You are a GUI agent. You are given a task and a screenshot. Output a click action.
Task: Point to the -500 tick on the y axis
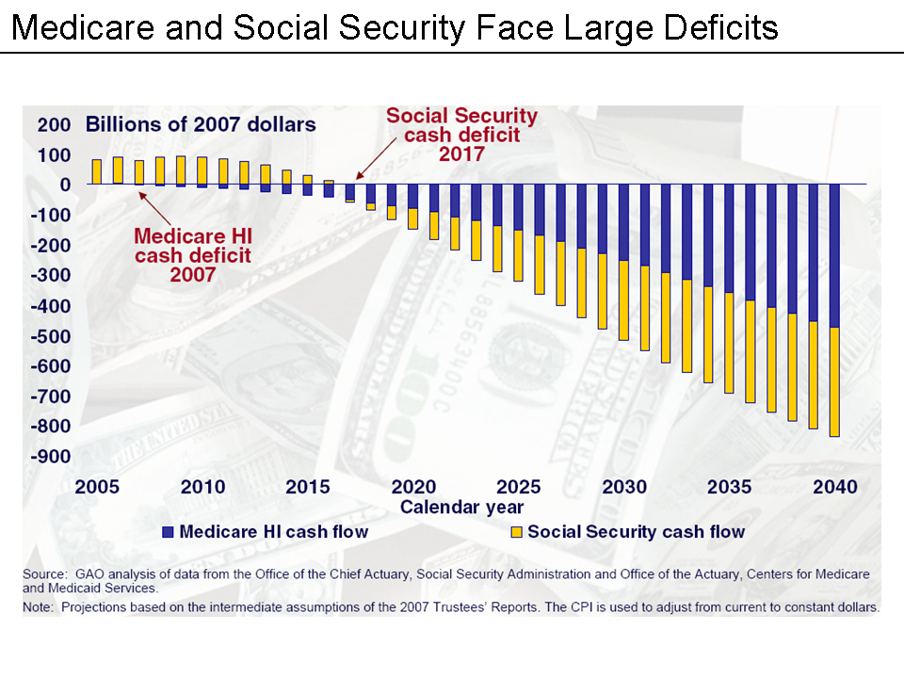(53, 336)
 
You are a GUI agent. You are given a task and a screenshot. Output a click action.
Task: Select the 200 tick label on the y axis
(53, 124)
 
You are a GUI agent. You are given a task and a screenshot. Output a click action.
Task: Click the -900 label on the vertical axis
(53, 457)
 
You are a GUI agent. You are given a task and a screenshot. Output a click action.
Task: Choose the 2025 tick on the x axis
(519, 487)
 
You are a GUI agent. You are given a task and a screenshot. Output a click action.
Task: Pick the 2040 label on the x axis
(835, 487)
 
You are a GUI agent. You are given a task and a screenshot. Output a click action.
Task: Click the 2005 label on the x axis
(97, 487)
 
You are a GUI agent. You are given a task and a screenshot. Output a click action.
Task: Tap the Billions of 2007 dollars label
(201, 124)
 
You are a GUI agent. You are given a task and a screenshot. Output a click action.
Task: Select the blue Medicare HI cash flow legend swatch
(169, 532)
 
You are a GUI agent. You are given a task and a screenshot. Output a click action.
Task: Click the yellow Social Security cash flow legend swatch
(517, 532)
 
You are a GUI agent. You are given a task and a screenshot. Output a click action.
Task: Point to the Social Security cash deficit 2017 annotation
(462, 135)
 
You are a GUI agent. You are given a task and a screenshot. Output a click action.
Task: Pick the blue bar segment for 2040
(834, 255)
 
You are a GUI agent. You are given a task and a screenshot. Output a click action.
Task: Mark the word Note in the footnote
(39, 607)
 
